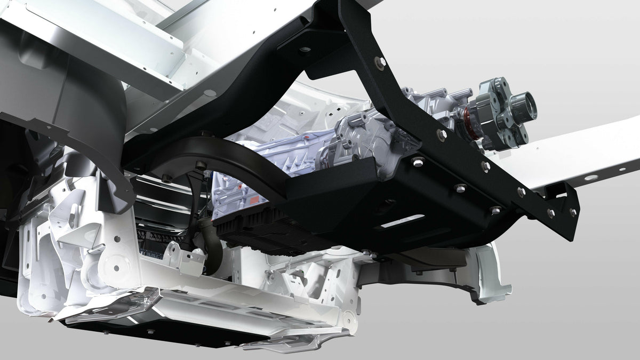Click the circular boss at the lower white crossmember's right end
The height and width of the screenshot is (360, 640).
[x=349, y=321]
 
